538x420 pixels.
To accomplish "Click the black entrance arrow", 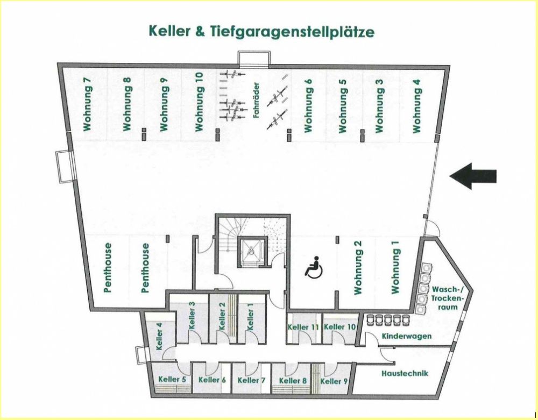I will pos(473,176).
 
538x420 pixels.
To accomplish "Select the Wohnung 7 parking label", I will pos(88,104).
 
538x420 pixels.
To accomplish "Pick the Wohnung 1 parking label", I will pos(396,267).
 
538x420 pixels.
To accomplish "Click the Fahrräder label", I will pos(257,99).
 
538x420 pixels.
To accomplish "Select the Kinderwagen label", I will pos(407,336).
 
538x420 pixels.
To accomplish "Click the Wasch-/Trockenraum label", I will pos(447,297).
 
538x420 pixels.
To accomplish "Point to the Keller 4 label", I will pos(159,336).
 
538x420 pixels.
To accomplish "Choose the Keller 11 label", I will pos(303,327).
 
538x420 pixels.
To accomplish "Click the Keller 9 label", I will pos(334,380).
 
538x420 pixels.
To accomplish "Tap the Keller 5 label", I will pos(172,379).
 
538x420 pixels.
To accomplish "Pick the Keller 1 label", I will pos(250,317).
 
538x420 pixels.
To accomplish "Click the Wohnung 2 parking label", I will pos(357,267).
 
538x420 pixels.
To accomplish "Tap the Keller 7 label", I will pos(251,380).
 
